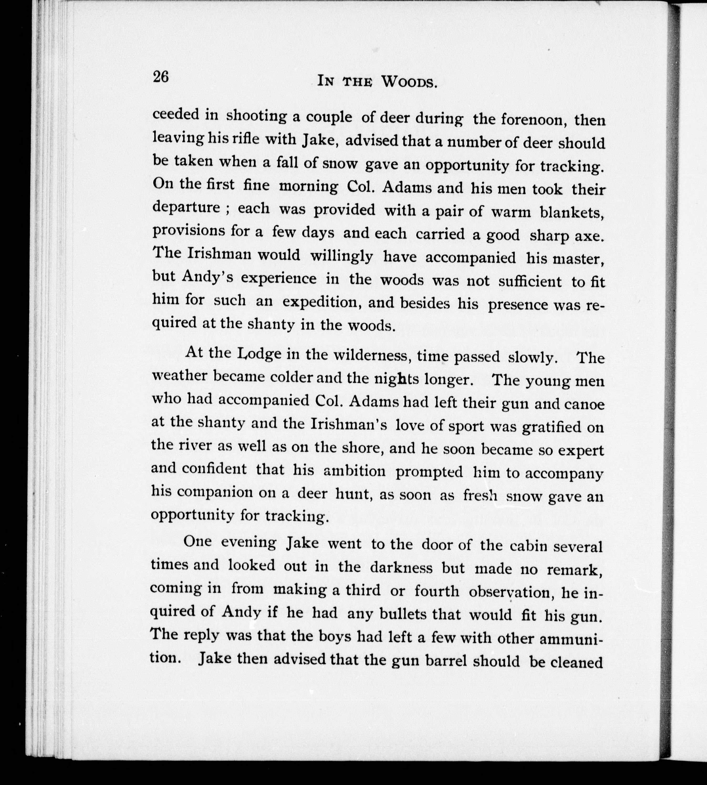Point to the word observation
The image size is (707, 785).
coord(508,592)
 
